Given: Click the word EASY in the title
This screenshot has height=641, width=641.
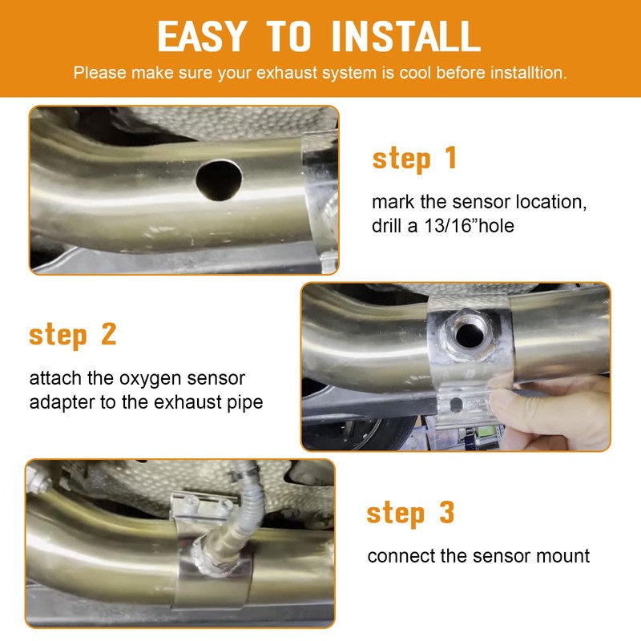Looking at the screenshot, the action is click(x=202, y=36).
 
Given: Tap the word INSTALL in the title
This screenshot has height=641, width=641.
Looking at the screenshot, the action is click(x=406, y=36).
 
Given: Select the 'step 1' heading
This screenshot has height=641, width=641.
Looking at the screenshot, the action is click(x=414, y=159).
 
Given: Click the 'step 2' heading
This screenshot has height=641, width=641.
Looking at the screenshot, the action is click(x=73, y=334).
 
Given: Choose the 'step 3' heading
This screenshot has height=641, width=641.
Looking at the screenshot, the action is click(x=410, y=513).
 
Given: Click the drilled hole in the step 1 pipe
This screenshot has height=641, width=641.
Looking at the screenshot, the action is click(x=219, y=180).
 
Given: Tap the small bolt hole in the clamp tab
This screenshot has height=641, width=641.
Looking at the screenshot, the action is click(x=456, y=405).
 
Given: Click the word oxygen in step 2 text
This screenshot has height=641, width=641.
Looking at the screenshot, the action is click(x=150, y=379).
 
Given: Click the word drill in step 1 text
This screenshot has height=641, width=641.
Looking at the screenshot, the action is click(x=387, y=226).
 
